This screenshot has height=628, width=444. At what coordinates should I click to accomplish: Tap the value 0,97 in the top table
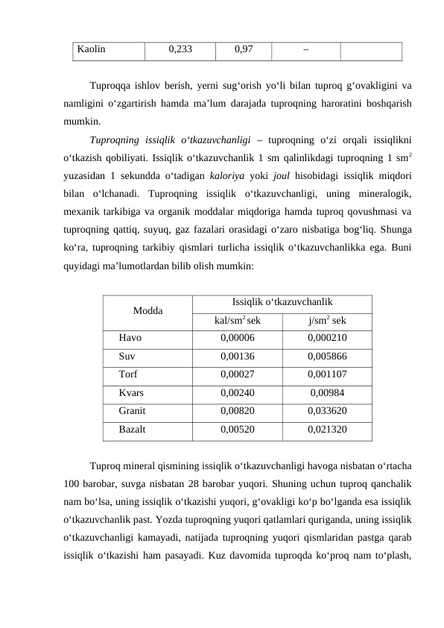click(x=242, y=51)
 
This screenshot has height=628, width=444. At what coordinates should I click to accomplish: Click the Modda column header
click(x=148, y=311)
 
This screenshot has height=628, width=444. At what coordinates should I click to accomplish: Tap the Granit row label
click(x=131, y=410)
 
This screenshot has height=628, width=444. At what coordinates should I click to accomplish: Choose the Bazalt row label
click(x=131, y=429)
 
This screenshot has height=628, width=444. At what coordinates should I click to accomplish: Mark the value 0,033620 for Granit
click(x=326, y=410)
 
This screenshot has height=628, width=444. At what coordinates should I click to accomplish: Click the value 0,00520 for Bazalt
click(x=237, y=429)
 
